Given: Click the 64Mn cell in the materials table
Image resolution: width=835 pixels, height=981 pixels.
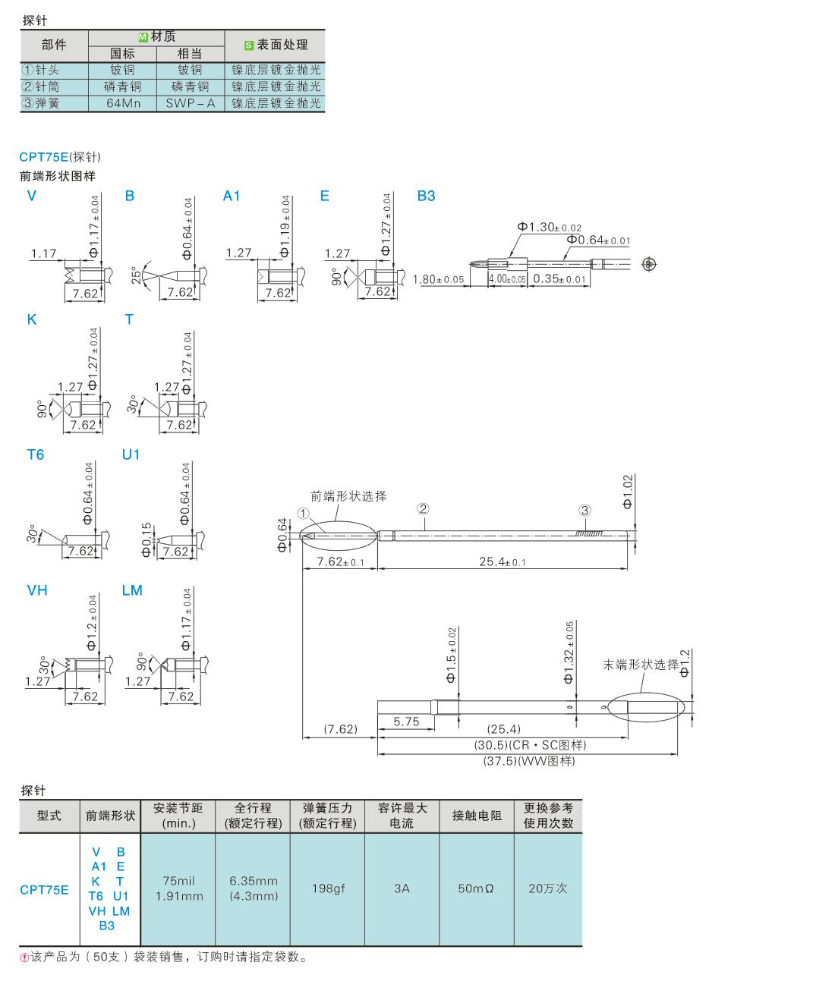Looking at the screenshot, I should pyautogui.click(x=122, y=103).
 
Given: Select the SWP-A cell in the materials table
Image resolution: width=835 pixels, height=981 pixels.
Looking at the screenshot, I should pyautogui.click(x=190, y=103).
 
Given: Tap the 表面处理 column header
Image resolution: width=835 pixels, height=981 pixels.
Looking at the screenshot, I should pyautogui.click(x=275, y=45).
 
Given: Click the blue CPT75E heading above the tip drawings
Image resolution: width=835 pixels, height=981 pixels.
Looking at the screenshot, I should pyautogui.click(x=43, y=157).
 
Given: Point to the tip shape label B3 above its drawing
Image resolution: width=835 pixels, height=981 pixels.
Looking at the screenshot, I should pyautogui.click(x=427, y=196).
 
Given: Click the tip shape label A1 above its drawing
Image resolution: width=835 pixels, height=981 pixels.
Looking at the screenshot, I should pyautogui.click(x=232, y=196).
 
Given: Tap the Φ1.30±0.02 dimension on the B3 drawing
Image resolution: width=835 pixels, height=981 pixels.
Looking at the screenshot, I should pyautogui.click(x=549, y=227).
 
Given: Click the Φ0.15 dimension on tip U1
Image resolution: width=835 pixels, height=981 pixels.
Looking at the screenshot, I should pyautogui.click(x=147, y=539).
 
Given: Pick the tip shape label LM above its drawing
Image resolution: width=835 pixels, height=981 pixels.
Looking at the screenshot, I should pyautogui.click(x=132, y=590).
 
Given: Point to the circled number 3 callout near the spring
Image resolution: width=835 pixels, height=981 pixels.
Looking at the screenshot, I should pyautogui.click(x=584, y=510).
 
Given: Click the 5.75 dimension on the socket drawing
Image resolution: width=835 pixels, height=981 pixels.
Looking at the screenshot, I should pyautogui.click(x=406, y=722).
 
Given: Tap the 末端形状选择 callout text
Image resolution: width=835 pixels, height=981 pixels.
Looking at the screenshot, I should pyautogui.click(x=640, y=665).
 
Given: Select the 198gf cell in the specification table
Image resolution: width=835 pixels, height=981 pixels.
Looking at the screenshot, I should pyautogui.click(x=328, y=888).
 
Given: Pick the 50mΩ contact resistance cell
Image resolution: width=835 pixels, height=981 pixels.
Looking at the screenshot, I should pyautogui.click(x=477, y=888).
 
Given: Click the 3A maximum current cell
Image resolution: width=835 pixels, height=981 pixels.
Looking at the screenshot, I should pyautogui.click(x=402, y=888).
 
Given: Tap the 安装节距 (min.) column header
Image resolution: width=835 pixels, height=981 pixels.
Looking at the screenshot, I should pyautogui.click(x=178, y=816).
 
